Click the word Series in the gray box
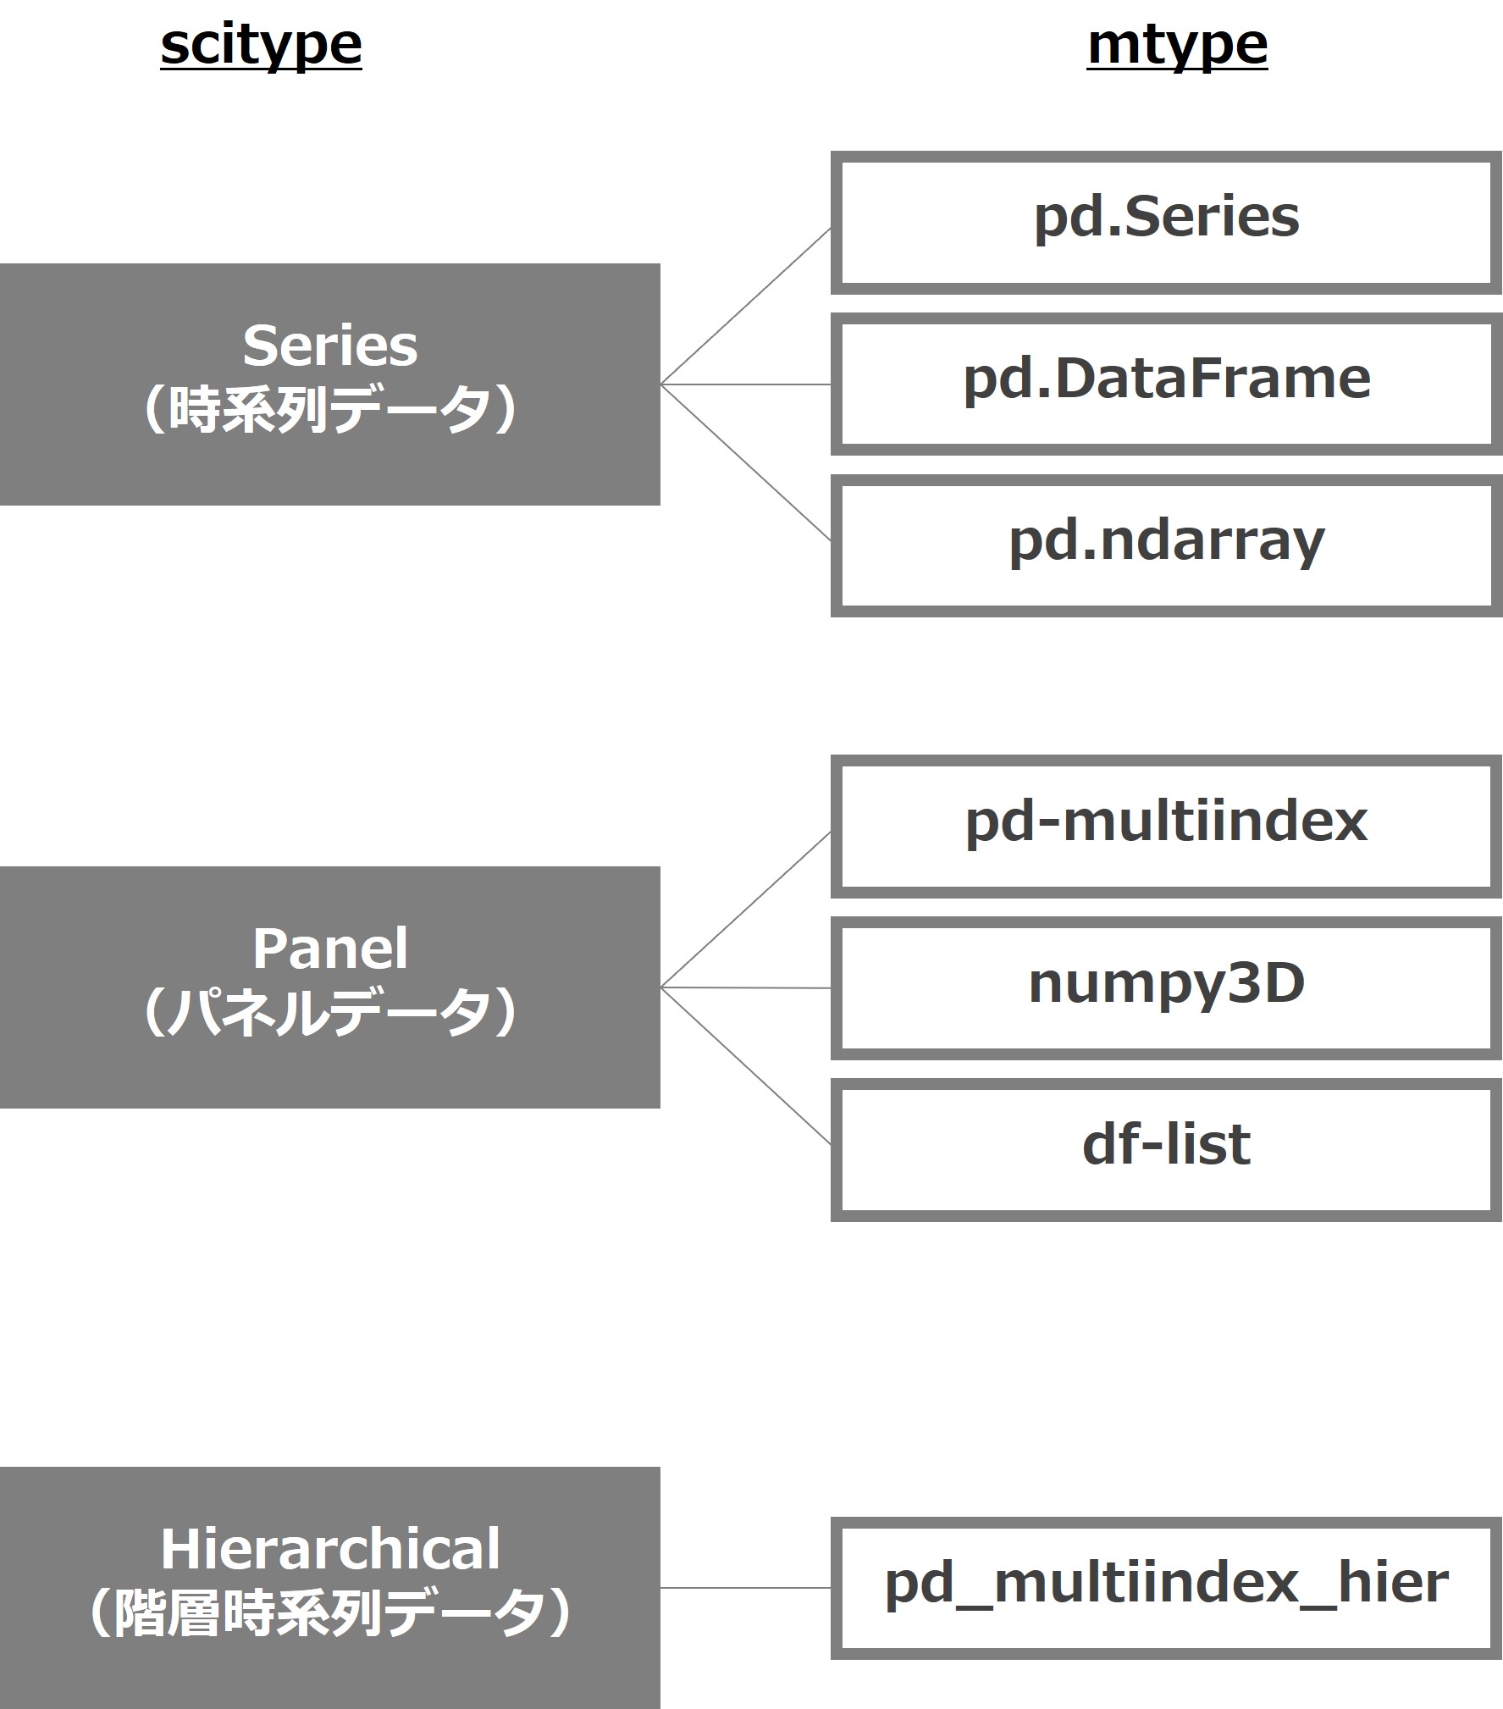[330, 346]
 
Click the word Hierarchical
[330, 1550]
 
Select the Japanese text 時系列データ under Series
[330, 410]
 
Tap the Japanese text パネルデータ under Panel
[330, 1012]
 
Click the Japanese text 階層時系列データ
[330, 1613]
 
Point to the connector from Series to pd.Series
[745, 307]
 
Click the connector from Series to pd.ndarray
[745, 462]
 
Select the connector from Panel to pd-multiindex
[745, 910]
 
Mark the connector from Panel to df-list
[745, 1065]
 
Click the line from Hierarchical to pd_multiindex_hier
[745, 1588]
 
